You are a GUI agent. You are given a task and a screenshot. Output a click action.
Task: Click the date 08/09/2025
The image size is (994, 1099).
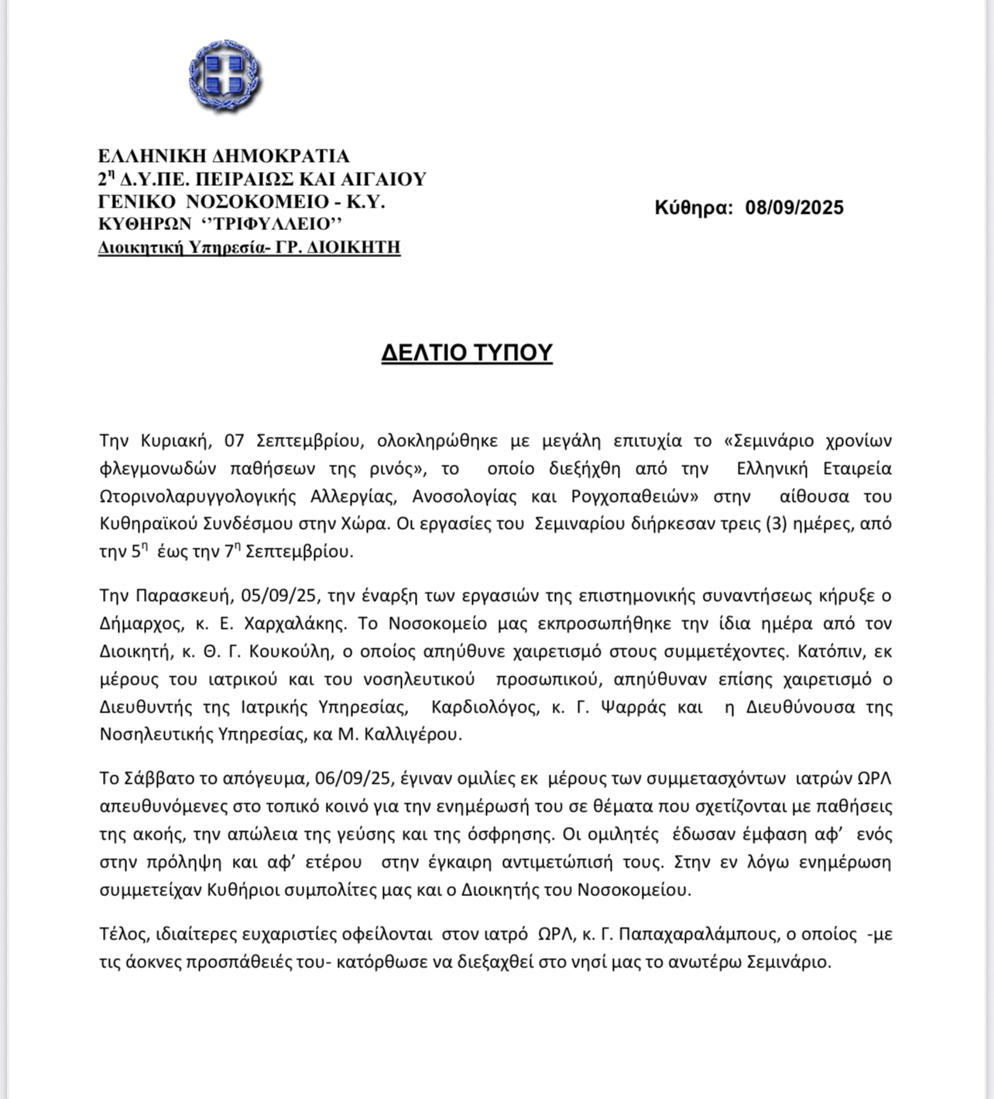pyautogui.click(x=794, y=208)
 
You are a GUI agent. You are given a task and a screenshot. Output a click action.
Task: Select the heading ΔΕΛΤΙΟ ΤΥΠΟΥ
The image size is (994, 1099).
pyautogui.click(x=467, y=353)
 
